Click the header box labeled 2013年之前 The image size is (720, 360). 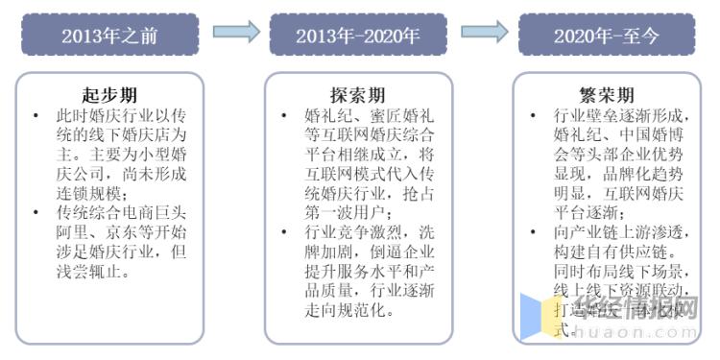click(x=109, y=35)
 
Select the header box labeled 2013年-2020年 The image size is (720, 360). click(x=358, y=35)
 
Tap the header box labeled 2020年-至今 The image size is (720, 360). click(x=606, y=35)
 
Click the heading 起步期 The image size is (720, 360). click(x=109, y=95)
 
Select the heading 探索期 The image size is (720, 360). click(x=358, y=95)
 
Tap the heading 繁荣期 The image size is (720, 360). click(x=606, y=95)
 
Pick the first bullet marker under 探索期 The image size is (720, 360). click(x=284, y=116)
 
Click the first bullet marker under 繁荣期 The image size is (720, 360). click(x=533, y=116)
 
